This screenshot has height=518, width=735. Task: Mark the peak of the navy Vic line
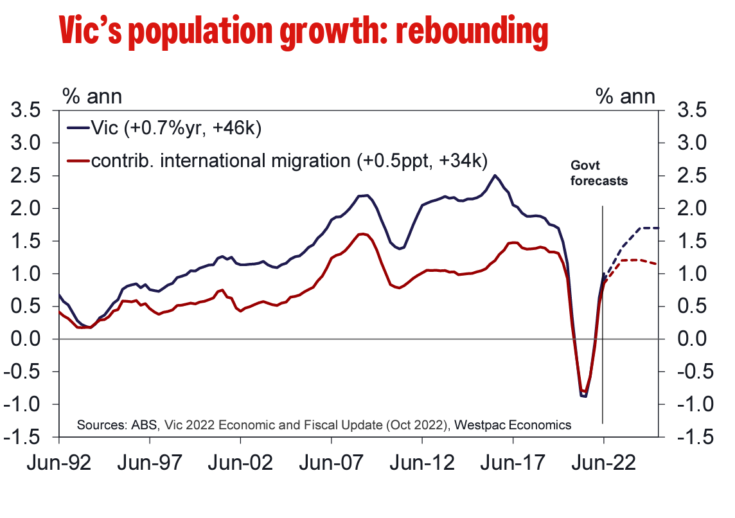click(x=494, y=175)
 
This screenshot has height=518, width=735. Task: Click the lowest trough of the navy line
click(x=584, y=396)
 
